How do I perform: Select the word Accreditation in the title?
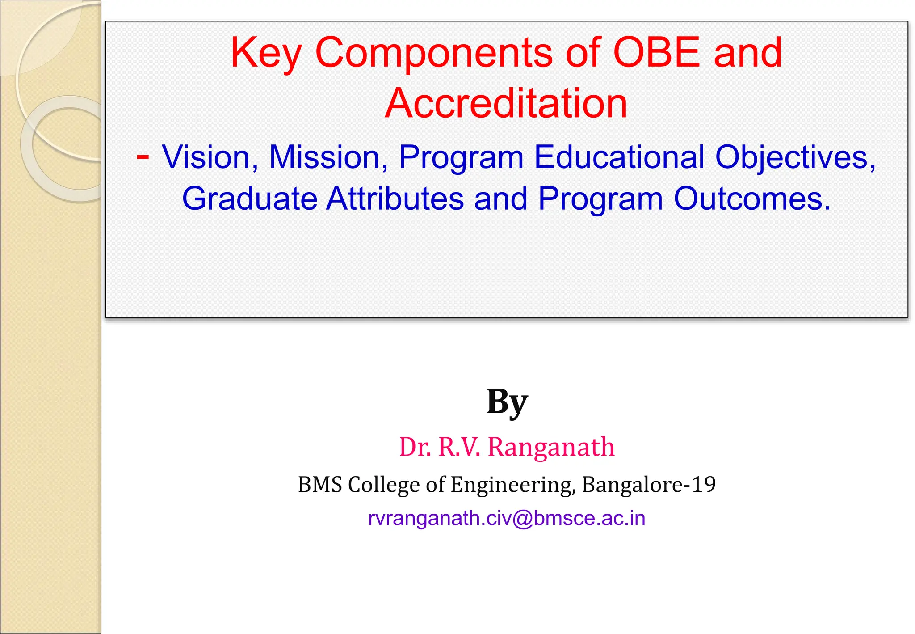click(x=506, y=103)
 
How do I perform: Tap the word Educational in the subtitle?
click(x=619, y=157)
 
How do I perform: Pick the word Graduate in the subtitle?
click(x=249, y=199)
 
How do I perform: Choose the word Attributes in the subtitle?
click(x=395, y=199)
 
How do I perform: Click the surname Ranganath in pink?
click(x=551, y=447)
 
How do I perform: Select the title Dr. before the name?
click(x=416, y=447)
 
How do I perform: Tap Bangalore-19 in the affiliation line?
click(x=649, y=484)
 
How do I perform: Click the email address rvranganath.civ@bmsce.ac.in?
click(x=507, y=518)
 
